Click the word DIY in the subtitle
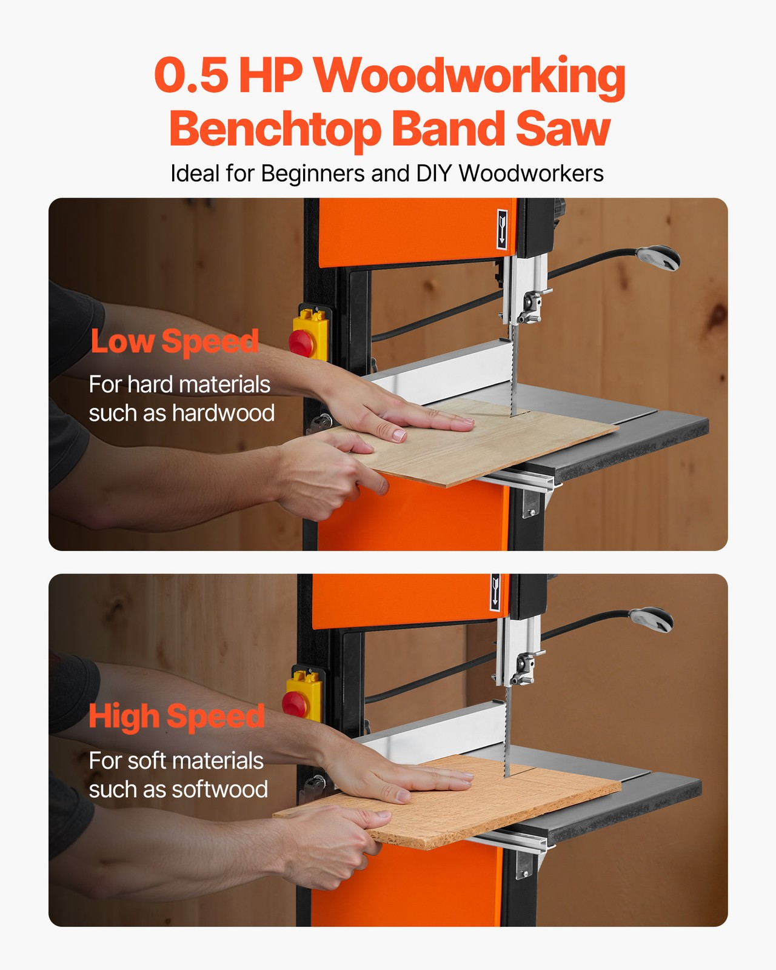pos(433,173)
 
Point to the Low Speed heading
pos(175,341)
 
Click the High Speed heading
pos(176,717)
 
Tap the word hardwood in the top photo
pos(223,413)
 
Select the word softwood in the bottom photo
pos(219,789)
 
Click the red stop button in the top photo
pos(301,342)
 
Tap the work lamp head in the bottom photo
pos(652,619)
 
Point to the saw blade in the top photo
pos(514,370)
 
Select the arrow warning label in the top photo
pos(502,229)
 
